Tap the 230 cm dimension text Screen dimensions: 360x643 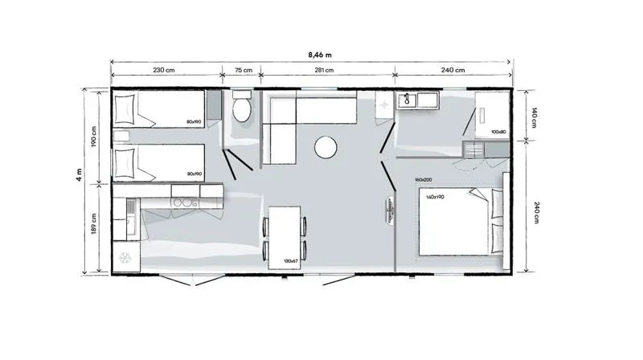pyautogui.click(x=164, y=71)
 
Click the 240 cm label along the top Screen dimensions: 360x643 pyautogui.click(x=453, y=71)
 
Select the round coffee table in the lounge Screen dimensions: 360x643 pyautogui.click(x=326, y=147)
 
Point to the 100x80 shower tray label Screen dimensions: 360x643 pyautogui.click(x=498, y=132)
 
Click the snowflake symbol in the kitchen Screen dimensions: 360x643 pyautogui.click(x=125, y=258)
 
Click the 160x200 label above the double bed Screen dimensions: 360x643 pyautogui.click(x=424, y=179)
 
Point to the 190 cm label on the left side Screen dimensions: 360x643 pyautogui.click(x=94, y=137)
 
